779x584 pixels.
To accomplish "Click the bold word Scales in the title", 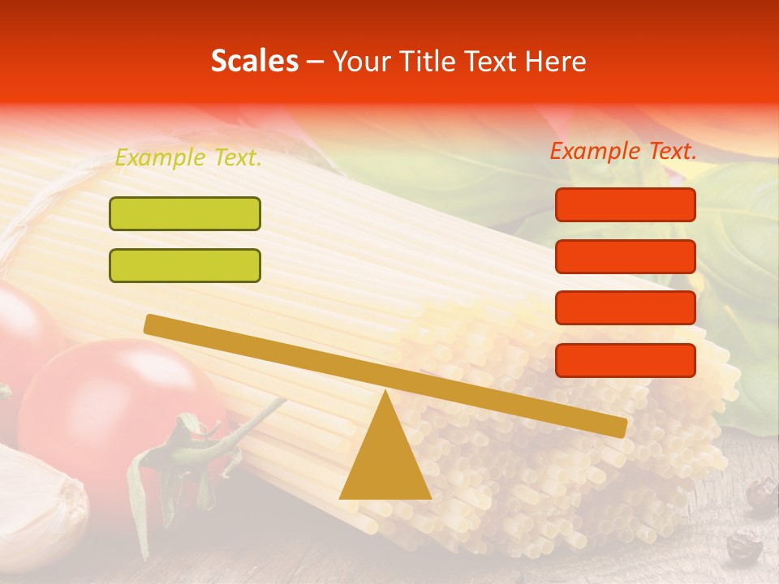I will pos(254,62).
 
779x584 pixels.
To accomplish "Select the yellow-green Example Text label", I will pos(188,158).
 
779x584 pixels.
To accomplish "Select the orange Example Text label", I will pos(623,151).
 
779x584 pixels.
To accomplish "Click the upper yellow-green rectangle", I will pos(185,213).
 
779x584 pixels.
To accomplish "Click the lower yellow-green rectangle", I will pos(185,265).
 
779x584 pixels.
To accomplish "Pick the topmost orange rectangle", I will pos(626,204).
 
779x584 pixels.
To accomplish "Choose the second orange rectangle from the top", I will pos(626,256).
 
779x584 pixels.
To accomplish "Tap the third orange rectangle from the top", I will pos(626,308).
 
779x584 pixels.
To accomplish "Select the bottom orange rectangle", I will pos(626,360).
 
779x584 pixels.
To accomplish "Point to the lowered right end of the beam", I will pos(618,427).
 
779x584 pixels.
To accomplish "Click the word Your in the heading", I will pos(363,62).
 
